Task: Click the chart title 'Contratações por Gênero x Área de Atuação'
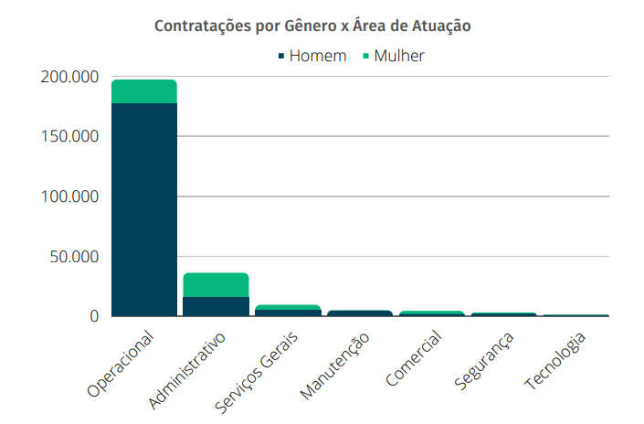[x=312, y=26]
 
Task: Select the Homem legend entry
[x=311, y=56]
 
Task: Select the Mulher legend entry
[x=393, y=56]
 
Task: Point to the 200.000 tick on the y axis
[x=69, y=78]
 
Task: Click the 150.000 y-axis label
[x=69, y=137]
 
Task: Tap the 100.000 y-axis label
[x=69, y=197]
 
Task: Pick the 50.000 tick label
[x=73, y=257]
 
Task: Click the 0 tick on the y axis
[x=92, y=316]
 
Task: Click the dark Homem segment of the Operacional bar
[x=143, y=210]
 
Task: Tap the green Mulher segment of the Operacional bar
[x=143, y=91]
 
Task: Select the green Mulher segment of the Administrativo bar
[x=216, y=284]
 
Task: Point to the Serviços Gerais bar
[x=288, y=311]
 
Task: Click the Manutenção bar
[x=360, y=313]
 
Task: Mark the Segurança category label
[x=484, y=358]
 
